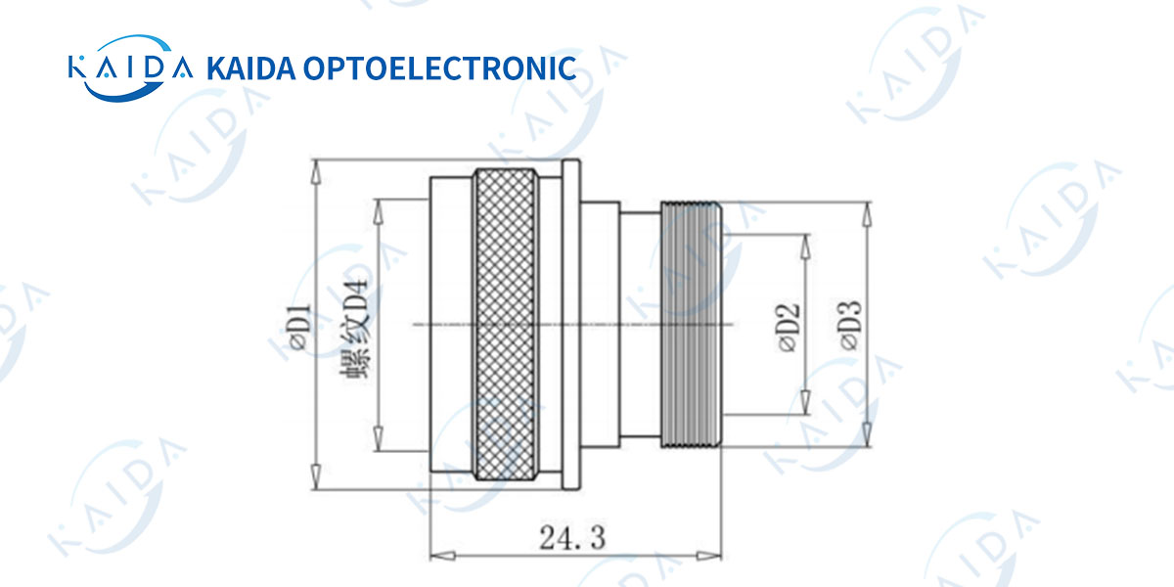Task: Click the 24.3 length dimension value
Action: pos(572,536)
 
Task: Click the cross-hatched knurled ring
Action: pos(504,326)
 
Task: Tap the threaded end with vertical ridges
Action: pos(692,326)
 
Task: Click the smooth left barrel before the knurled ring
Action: pos(451,326)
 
